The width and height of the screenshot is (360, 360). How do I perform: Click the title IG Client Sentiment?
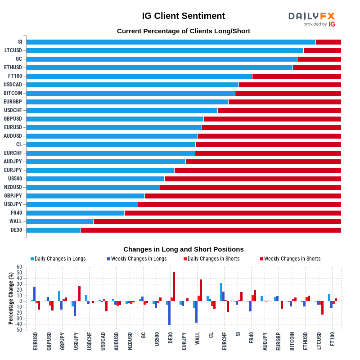tap(183, 16)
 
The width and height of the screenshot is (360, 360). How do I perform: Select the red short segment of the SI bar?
tap(328, 42)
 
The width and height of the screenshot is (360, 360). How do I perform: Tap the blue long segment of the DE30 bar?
tap(54, 230)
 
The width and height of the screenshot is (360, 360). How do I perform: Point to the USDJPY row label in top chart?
tap(13, 204)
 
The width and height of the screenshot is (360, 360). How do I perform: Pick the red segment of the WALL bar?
tap(217, 221)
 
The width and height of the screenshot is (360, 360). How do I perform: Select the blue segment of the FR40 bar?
tap(75, 213)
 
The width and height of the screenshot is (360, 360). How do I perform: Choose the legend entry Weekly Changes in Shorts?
tap(292, 259)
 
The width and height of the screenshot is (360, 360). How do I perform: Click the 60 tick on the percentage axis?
tap(19, 267)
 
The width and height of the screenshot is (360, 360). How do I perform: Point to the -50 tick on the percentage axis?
tap(18, 330)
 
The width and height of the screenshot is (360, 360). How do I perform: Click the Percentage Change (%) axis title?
tap(11, 298)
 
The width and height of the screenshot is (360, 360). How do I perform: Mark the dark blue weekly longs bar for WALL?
tap(196, 311)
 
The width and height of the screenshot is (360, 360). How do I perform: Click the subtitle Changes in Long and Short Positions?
tap(183, 249)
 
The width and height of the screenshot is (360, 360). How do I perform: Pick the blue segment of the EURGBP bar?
tap(127, 102)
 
